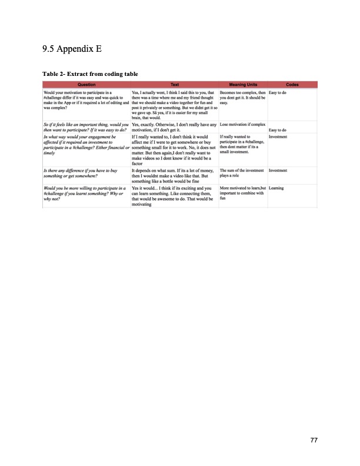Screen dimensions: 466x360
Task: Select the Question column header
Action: click(x=86, y=85)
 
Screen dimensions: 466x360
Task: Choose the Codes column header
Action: click(x=292, y=85)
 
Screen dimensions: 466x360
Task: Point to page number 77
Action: click(x=315, y=440)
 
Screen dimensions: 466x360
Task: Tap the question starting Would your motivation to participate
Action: click(x=86, y=101)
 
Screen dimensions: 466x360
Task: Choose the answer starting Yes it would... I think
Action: click(x=174, y=180)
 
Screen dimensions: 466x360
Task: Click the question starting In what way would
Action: click(x=86, y=143)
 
